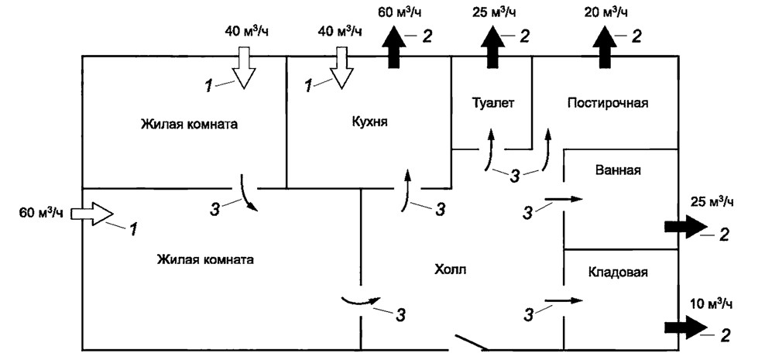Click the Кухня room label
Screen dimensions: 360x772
click(368, 122)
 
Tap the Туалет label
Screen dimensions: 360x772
click(492, 102)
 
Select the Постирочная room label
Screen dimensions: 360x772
click(607, 102)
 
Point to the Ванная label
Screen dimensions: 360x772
click(618, 170)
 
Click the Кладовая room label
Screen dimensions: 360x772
click(618, 273)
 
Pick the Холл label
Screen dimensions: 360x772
click(451, 269)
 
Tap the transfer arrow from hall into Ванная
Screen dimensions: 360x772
click(561, 201)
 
